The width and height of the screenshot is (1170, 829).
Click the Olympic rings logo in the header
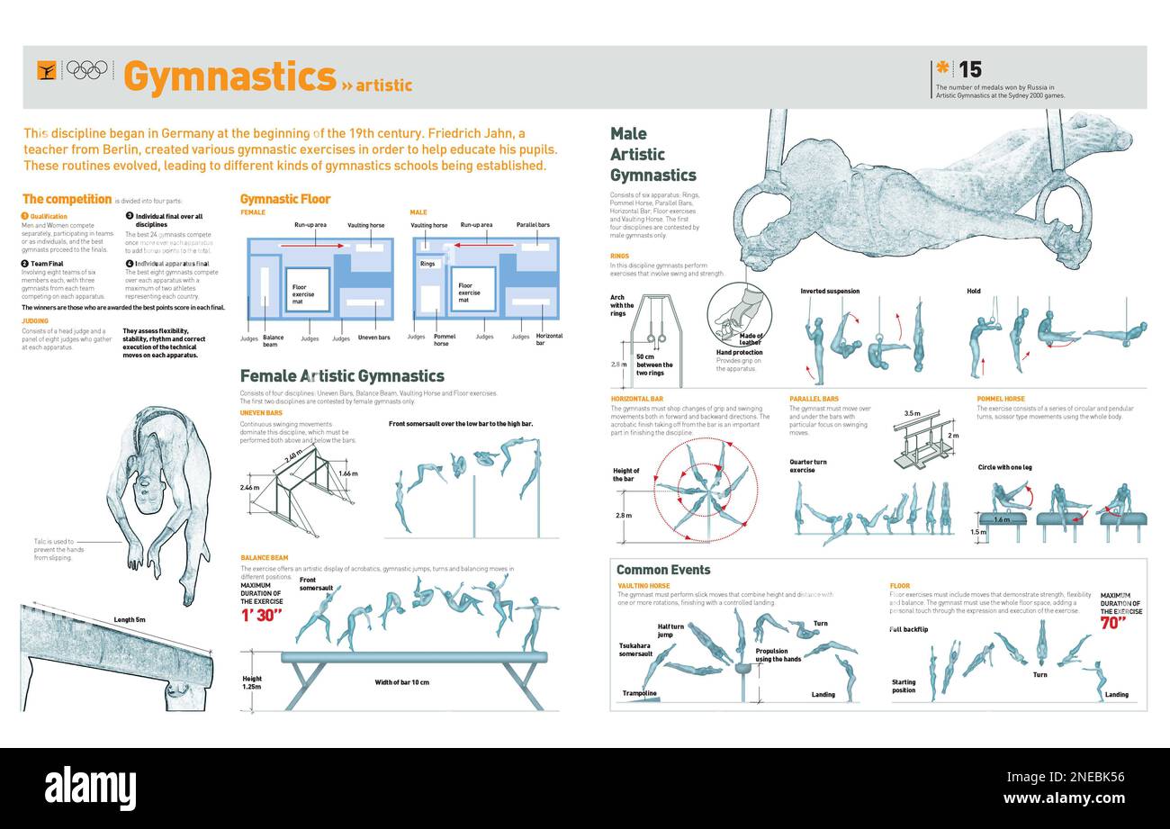coord(87,69)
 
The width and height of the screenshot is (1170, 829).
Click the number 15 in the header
coord(969,69)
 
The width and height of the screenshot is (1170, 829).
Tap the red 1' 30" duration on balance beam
coord(261,616)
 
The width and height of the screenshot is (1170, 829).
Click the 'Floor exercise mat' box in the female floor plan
coord(307,291)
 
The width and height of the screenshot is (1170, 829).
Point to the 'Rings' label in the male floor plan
coord(427,264)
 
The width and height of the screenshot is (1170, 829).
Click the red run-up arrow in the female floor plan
coord(311,245)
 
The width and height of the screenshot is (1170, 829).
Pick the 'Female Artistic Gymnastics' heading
coord(342,376)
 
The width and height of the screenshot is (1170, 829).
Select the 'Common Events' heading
coord(663,570)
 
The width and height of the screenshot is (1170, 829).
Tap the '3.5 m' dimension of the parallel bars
coord(912,413)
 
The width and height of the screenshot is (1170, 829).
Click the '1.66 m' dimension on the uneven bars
coord(347,473)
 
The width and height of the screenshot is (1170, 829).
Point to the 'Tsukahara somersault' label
coord(635,650)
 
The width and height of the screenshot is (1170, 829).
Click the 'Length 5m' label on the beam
coord(130,619)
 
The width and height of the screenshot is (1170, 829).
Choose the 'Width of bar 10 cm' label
coord(401,682)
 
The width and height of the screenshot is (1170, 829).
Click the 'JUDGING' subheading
coord(35,320)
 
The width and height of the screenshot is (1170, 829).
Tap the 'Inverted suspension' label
coord(830,292)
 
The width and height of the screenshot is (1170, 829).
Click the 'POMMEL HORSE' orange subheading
coord(1000,399)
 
